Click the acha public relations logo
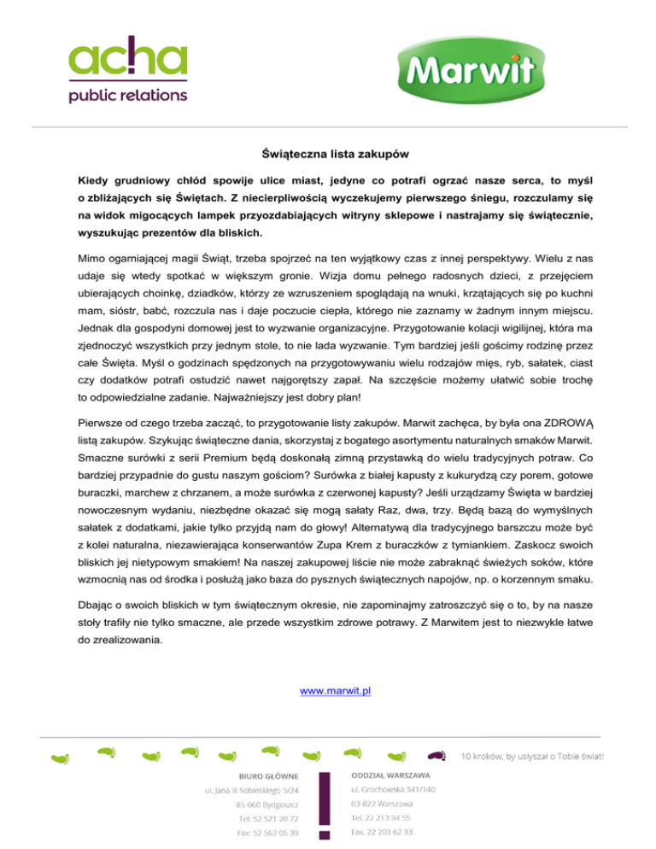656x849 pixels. coord(127,73)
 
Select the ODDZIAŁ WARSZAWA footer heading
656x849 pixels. coord(387,776)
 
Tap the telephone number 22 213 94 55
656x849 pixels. coord(382,817)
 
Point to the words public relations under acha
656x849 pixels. coord(127,94)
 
